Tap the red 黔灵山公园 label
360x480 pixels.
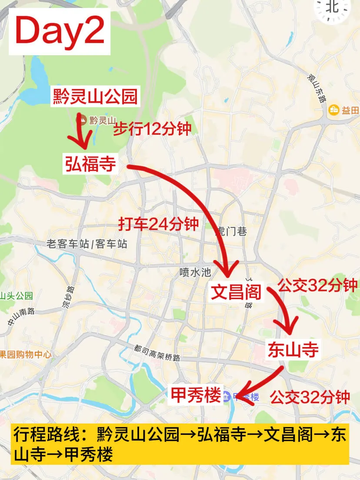pos(95,97)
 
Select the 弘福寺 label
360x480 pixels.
pos(91,164)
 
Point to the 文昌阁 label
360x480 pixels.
pos(236,292)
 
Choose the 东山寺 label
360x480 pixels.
pos(293,350)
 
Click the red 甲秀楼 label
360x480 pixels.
pos(196,395)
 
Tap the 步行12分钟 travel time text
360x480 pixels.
pos(152,129)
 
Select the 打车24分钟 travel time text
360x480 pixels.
pos(159,224)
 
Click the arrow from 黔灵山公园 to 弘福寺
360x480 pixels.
pos(82,133)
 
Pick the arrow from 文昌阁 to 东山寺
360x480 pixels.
pos(285,311)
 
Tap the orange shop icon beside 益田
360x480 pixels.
pos(334,110)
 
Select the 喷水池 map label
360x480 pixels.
pos(195,273)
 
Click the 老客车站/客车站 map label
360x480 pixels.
pos(87,244)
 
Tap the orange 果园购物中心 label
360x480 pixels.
pos(25,354)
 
